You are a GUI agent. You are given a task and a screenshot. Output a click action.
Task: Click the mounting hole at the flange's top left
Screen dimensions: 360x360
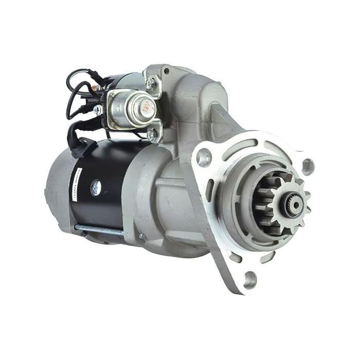pos(204,157)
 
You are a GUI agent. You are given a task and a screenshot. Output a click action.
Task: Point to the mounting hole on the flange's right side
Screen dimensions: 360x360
pos(307,166)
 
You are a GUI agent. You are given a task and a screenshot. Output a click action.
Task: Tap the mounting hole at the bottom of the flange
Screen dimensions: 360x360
pos(249,279)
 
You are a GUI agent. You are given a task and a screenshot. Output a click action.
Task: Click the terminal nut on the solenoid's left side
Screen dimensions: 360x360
pos(98,110)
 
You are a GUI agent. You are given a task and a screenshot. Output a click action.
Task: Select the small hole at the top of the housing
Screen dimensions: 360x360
pos(166,71)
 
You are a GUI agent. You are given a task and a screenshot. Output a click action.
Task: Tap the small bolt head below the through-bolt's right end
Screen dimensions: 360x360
pos(141,236)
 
